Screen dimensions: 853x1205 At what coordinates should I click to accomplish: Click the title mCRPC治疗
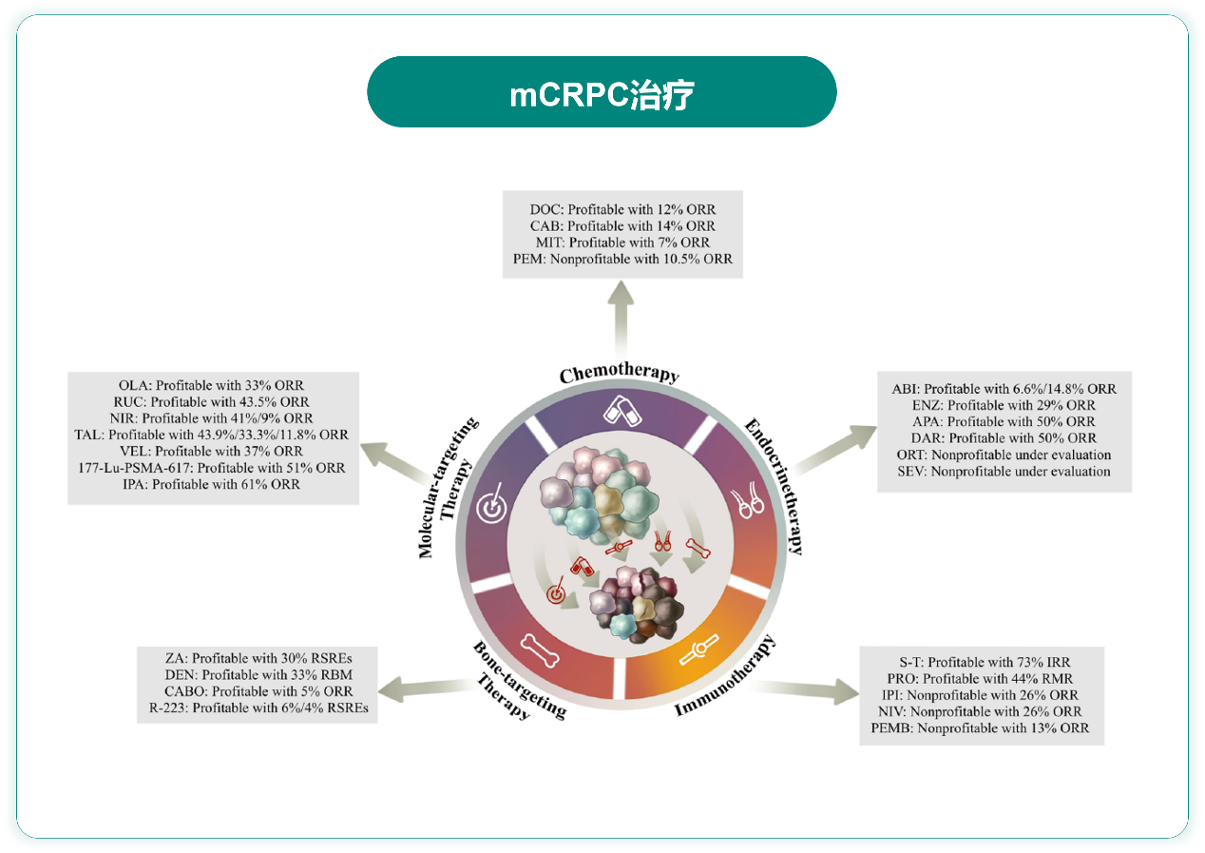pyautogui.click(x=602, y=93)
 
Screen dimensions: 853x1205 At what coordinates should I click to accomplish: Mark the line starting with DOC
pyautogui.click(x=622, y=209)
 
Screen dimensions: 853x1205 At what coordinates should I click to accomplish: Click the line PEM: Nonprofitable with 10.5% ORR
pyautogui.click(x=622, y=259)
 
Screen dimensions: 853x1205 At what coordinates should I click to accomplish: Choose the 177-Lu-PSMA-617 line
pyautogui.click(x=212, y=468)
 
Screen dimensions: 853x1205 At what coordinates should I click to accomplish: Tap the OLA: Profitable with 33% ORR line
pyautogui.click(x=212, y=386)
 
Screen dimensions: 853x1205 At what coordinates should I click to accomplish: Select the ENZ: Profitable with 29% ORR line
pyautogui.click(x=1004, y=405)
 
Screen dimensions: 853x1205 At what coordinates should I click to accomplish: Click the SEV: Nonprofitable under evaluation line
pyautogui.click(x=1004, y=471)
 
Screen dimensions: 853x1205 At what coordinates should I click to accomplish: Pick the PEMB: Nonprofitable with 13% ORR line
pyautogui.click(x=980, y=728)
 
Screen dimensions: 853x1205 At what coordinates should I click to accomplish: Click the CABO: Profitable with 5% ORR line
pyautogui.click(x=257, y=690)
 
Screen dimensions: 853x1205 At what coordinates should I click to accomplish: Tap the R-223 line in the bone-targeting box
pyautogui.click(x=257, y=708)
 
